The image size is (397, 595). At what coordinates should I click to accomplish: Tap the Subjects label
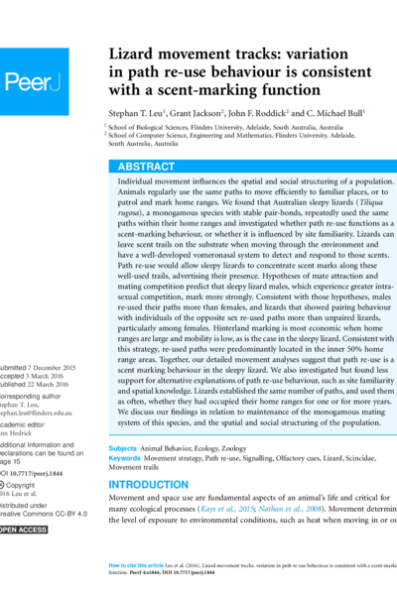coord(122,449)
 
